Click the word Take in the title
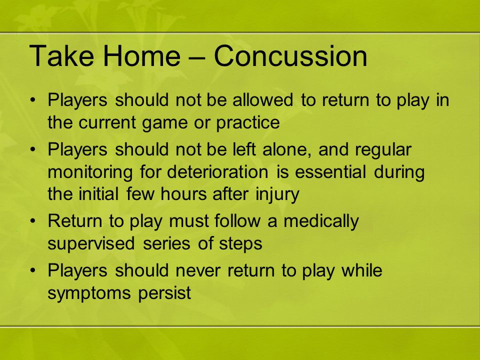[x=61, y=55]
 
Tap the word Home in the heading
[x=141, y=55]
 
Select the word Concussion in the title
[x=290, y=55]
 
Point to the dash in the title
[x=197, y=57]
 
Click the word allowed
[x=262, y=100]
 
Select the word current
[x=107, y=123]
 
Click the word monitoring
[x=90, y=172]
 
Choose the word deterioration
[x=217, y=171]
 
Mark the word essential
[x=330, y=171]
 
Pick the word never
[x=198, y=271]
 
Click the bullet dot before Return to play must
[x=33, y=221]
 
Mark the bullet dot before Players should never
[x=33, y=270]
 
